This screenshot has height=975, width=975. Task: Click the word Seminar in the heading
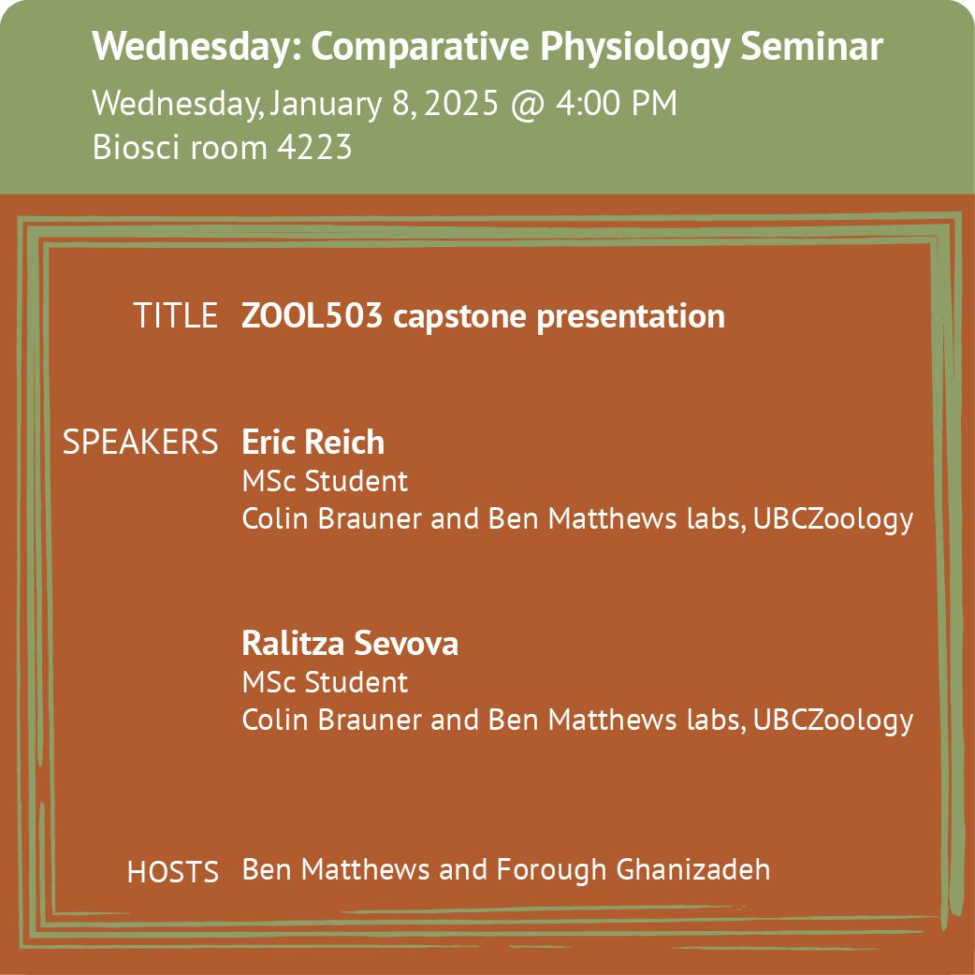(811, 46)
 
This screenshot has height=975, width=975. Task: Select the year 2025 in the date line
(461, 103)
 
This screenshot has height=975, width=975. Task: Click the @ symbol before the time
(527, 105)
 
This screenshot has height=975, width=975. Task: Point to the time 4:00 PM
(617, 103)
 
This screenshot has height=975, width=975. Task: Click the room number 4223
(314, 147)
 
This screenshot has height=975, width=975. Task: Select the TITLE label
(175, 315)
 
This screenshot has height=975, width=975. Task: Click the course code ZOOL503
(312, 315)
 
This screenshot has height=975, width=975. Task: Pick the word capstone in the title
(459, 318)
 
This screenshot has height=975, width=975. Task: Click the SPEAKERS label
(140, 442)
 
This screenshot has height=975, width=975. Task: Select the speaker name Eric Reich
(313, 442)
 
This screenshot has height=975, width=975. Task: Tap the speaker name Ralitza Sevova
(349, 643)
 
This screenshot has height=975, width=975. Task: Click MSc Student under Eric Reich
(325, 481)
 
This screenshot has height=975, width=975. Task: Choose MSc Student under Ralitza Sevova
(325, 682)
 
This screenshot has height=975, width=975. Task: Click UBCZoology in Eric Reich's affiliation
(833, 520)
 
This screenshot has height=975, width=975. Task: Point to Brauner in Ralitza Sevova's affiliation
(370, 720)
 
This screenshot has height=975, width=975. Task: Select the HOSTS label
(173, 872)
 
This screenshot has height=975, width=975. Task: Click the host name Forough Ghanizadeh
(633, 870)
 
